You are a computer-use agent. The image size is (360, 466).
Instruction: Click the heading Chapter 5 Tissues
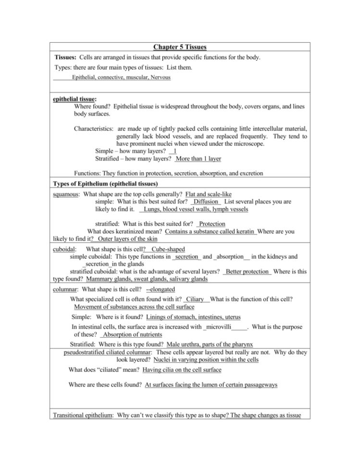(180, 47)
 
